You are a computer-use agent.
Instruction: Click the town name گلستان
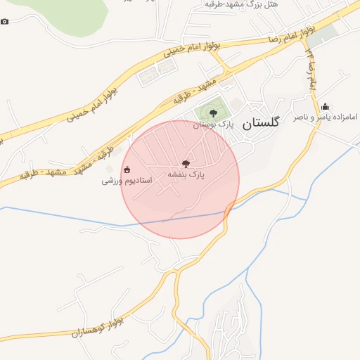click(261, 122)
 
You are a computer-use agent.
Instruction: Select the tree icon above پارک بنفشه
click(186, 163)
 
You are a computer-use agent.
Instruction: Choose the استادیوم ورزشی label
click(127, 181)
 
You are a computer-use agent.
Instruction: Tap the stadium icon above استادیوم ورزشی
click(127, 169)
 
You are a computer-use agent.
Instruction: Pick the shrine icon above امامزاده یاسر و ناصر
click(325, 107)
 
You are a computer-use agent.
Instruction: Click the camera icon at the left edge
click(4, 22)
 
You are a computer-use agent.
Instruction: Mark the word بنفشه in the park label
click(177, 173)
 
